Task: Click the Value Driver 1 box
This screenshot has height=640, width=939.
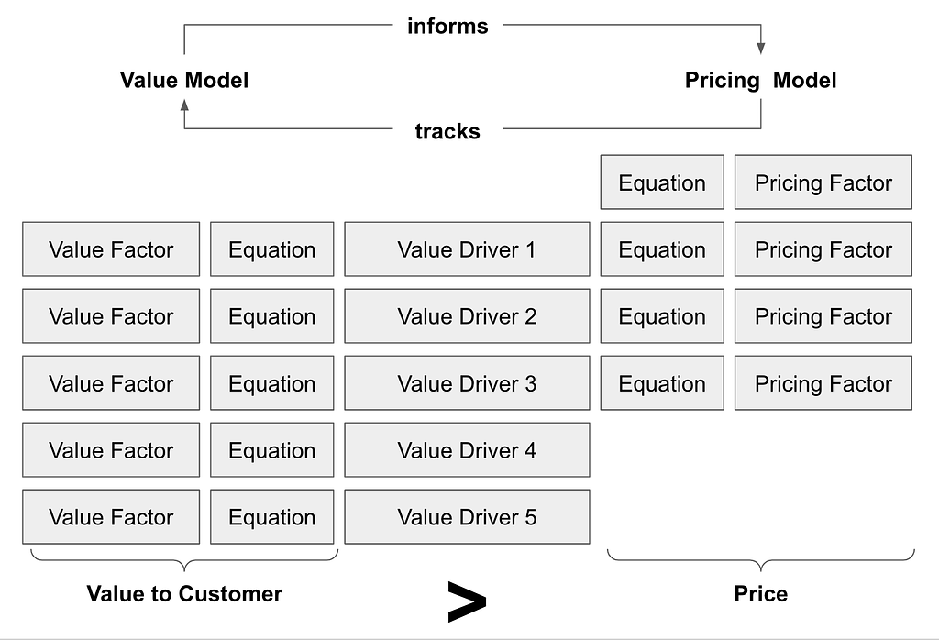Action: (x=467, y=249)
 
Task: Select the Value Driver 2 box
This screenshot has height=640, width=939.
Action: (x=467, y=316)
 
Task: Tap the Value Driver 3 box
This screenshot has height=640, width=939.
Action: (x=467, y=383)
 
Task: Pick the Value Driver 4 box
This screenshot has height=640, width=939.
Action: (x=467, y=450)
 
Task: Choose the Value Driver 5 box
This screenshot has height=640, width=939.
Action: (x=467, y=516)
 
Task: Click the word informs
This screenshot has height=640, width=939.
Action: (x=447, y=27)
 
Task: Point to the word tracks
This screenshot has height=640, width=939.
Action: (x=447, y=131)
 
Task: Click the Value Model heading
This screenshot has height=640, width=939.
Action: (x=183, y=80)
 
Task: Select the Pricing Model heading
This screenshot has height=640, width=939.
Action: (x=760, y=80)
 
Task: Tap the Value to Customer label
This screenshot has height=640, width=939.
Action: (x=184, y=594)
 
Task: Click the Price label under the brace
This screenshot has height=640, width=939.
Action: (x=760, y=594)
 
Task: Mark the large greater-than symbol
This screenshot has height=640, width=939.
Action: (x=467, y=601)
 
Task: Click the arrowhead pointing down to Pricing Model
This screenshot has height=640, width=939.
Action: (x=760, y=49)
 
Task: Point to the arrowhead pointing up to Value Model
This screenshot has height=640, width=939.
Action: (x=184, y=105)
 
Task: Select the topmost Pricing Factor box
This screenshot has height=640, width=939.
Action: (x=823, y=182)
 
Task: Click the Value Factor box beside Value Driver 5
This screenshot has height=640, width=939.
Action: (x=111, y=516)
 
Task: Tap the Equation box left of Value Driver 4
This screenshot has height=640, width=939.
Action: (x=271, y=450)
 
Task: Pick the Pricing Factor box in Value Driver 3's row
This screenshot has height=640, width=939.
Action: (x=823, y=383)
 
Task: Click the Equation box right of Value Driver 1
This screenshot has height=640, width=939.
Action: (x=662, y=249)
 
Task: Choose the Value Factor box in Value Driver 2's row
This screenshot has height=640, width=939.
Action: (x=111, y=316)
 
